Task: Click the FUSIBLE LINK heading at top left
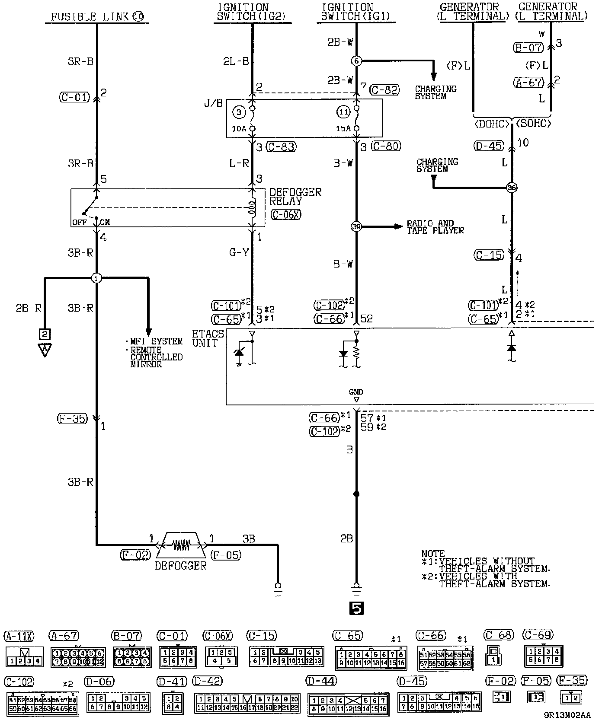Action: click(x=97, y=17)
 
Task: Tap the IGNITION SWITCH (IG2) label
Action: click(x=253, y=12)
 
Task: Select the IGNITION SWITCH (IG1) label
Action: click(x=355, y=12)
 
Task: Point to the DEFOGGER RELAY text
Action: click(x=295, y=197)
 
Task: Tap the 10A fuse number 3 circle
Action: click(x=239, y=112)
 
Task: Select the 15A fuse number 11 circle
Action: click(x=343, y=112)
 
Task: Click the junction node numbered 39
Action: click(x=356, y=227)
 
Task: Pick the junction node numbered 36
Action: click(x=512, y=188)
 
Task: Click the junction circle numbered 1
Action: click(x=96, y=278)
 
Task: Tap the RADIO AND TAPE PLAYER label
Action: click(x=435, y=227)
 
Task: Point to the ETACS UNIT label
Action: click(x=208, y=338)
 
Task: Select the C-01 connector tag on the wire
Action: click(x=74, y=97)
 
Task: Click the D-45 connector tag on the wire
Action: click(x=489, y=146)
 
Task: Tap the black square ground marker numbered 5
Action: click(x=355, y=608)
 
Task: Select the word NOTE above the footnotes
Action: click(x=433, y=554)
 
